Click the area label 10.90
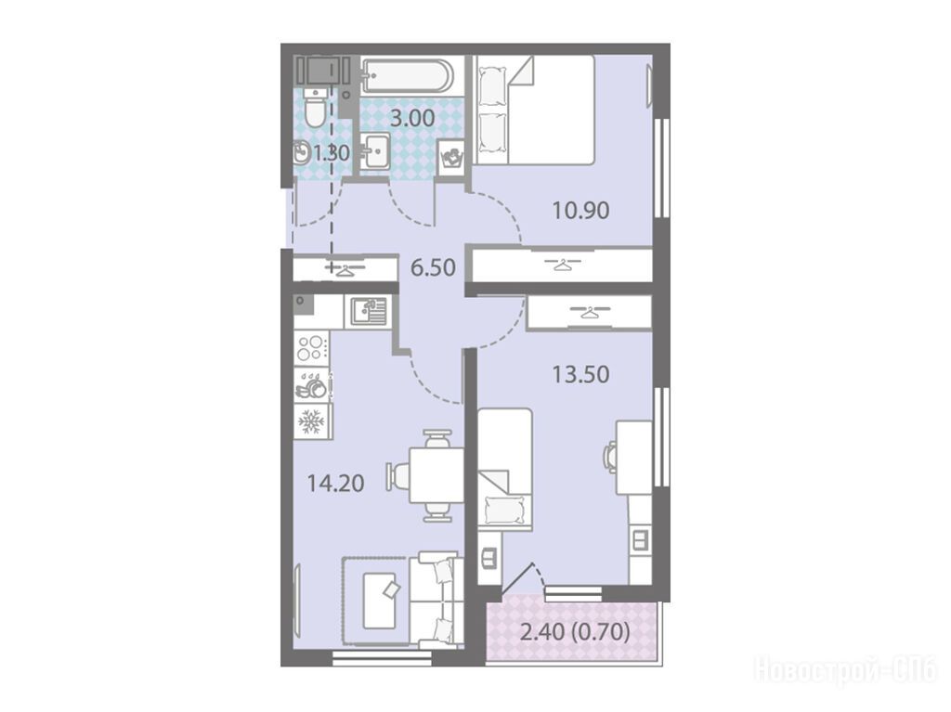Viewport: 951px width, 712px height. [x=580, y=211]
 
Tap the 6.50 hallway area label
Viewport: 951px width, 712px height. [x=433, y=266]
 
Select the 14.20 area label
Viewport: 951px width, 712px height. [x=335, y=484]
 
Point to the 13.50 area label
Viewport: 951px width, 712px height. [x=580, y=374]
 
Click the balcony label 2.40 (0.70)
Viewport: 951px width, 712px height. [x=575, y=632]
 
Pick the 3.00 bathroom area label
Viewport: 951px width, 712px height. [x=412, y=118]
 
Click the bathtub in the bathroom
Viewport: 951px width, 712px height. [x=407, y=75]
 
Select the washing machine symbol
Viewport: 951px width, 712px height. [x=450, y=159]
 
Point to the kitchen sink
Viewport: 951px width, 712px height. [x=368, y=312]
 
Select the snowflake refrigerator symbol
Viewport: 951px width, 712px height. [x=311, y=421]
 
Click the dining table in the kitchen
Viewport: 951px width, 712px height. [x=436, y=475]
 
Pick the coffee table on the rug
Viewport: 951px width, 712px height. [x=379, y=601]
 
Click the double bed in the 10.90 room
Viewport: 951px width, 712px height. [x=534, y=110]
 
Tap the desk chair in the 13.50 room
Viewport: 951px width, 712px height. [x=609, y=456]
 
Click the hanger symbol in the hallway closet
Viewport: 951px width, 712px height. [x=345, y=268]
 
